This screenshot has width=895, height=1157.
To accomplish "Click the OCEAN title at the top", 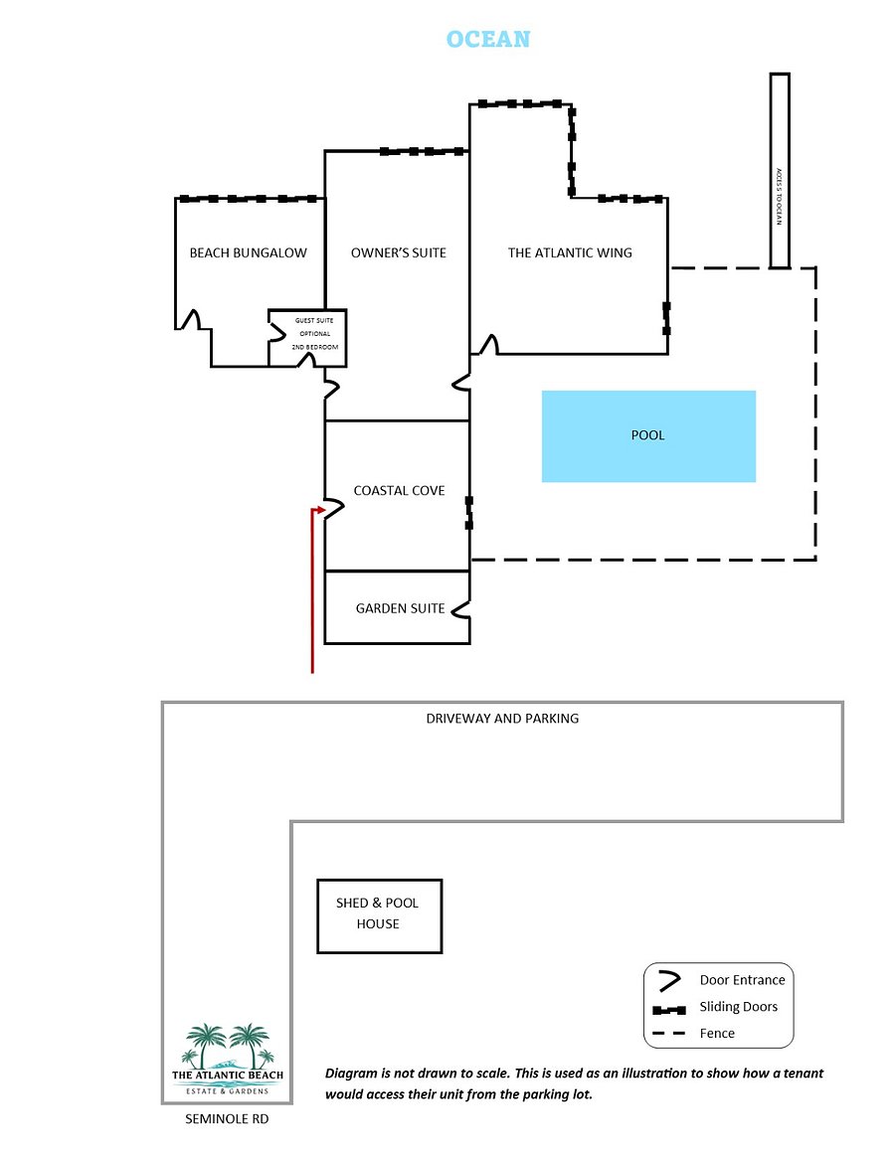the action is point(488,39).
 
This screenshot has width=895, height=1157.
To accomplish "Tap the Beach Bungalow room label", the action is point(249,252).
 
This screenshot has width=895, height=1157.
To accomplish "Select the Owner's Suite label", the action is point(398,252).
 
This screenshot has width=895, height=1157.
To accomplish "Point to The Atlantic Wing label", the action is point(570,252).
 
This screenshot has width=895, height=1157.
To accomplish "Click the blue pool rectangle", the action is point(648,436).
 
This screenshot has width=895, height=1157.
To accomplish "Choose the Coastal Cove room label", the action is point(399,491).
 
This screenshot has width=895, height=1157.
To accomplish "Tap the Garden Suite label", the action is point(400,608).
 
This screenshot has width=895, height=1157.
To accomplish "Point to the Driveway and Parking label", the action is point(502,718).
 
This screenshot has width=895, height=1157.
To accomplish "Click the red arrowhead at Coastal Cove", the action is point(320,509).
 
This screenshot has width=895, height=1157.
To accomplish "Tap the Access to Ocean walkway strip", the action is point(780,170).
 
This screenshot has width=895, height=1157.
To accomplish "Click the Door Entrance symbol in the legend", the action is point(669,981).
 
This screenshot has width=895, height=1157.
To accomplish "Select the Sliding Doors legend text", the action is point(739,1007).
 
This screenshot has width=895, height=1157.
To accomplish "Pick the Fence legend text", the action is point(717,1033).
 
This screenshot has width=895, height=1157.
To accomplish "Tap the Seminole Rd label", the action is point(227,1118).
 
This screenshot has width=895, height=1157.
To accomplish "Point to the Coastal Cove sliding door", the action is point(469,513).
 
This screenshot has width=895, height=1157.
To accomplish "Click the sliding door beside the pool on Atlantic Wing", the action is point(667,318).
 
